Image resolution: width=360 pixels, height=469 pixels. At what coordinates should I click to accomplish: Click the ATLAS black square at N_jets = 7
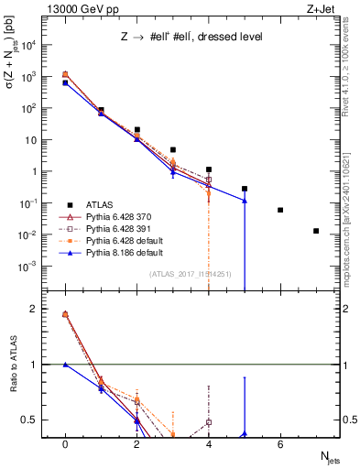click(x=316, y=231)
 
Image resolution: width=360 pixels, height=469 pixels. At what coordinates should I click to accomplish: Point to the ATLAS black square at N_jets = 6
click(x=280, y=210)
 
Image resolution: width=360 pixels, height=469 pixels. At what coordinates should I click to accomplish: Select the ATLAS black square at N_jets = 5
click(x=245, y=189)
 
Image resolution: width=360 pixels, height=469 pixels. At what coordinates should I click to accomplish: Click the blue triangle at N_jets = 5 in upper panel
click(x=245, y=201)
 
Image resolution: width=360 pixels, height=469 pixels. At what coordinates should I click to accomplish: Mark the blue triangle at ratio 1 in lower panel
click(x=65, y=365)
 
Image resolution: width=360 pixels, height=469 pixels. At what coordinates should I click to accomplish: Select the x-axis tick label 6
click(x=280, y=444)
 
